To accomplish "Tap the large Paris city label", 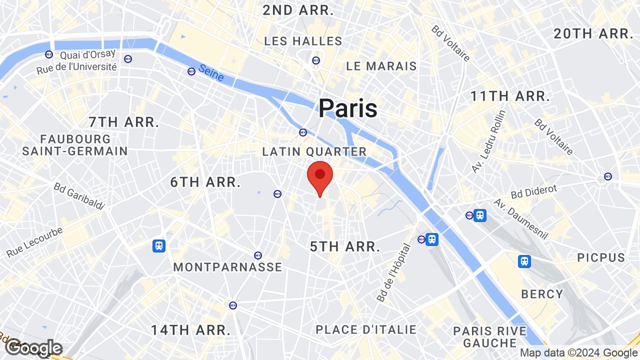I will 348,108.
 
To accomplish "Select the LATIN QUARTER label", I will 314,151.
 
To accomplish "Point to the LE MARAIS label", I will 381,66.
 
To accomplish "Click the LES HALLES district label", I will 303,41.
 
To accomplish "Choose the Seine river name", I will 211,73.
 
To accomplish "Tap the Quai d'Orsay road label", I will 88,54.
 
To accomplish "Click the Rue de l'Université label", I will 77,67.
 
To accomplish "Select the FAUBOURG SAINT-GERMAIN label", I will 75,144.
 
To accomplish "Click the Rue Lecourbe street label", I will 34,242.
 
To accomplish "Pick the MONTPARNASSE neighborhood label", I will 227,267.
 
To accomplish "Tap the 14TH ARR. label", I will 191,330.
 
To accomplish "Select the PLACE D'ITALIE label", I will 366,329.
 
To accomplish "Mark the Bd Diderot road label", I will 534,190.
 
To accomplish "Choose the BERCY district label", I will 542,294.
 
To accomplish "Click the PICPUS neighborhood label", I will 601,257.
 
